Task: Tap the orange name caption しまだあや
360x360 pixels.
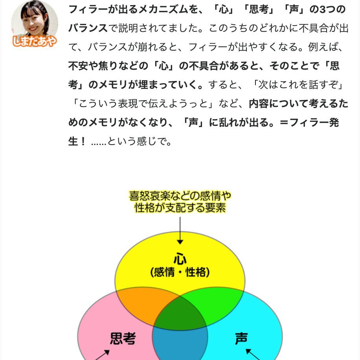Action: (34, 41)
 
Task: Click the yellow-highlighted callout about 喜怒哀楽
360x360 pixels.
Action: (180, 201)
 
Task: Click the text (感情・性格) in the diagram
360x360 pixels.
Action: (180, 272)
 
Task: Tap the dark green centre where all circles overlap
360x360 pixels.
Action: (180, 312)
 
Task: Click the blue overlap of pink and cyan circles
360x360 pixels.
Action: (180, 346)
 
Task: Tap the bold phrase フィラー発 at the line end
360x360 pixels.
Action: (313, 122)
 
